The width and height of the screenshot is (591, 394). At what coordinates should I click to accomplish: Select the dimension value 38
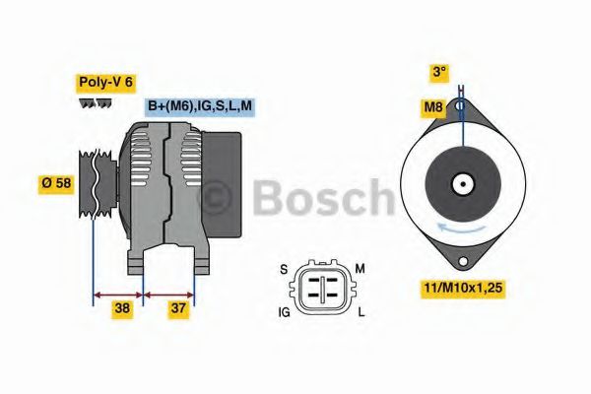121,308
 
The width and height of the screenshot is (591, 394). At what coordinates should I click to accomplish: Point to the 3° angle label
439,72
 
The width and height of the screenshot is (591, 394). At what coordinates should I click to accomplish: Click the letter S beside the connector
282,268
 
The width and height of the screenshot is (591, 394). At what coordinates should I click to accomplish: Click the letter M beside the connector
361,268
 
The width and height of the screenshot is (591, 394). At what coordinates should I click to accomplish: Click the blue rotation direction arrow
456,228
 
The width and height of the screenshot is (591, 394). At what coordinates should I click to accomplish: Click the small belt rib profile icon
95,103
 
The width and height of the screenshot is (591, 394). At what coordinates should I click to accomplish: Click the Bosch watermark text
325,196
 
